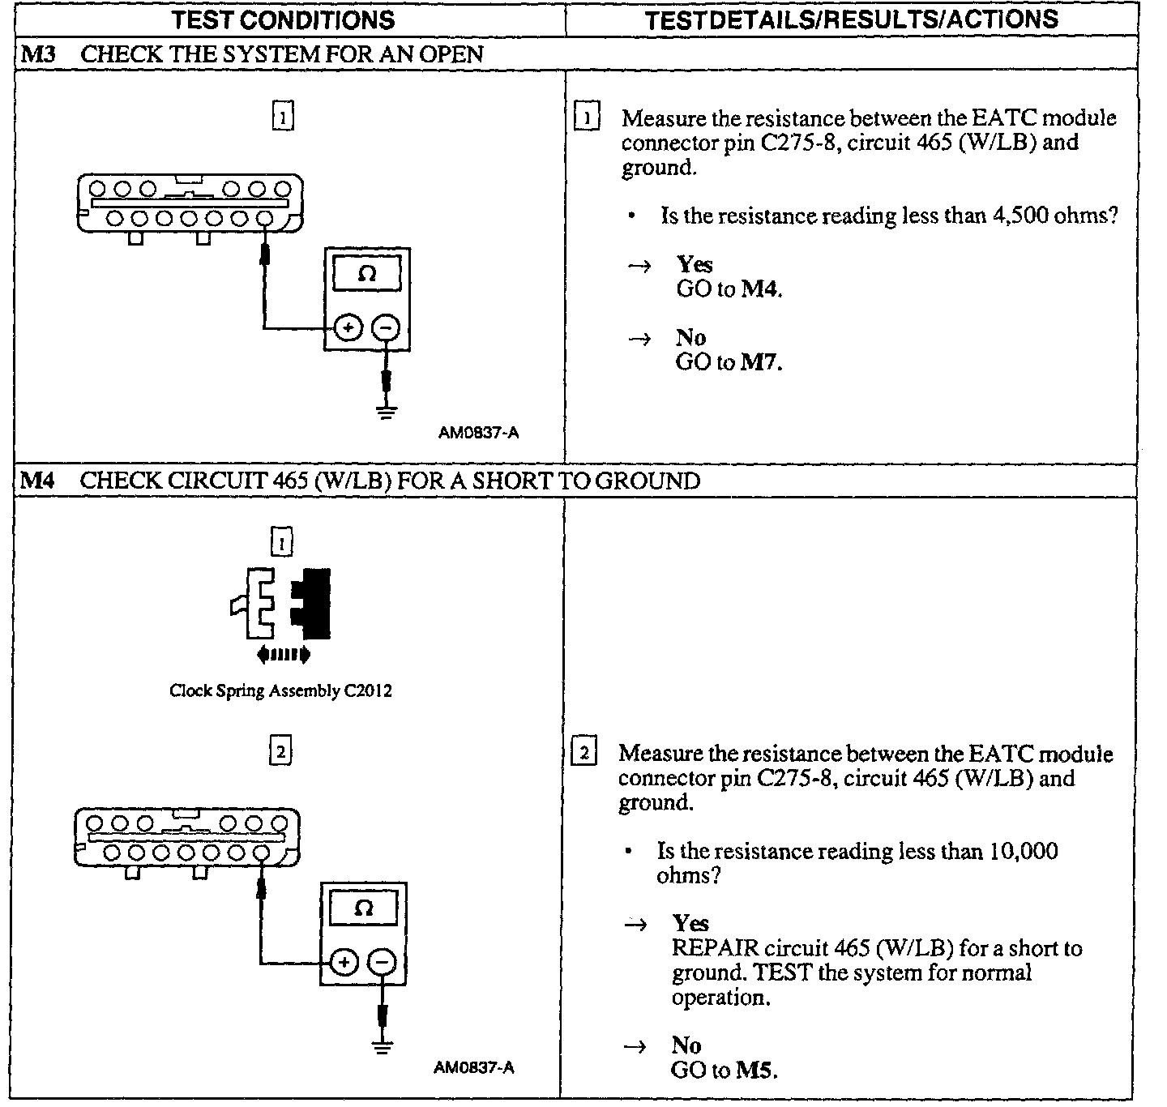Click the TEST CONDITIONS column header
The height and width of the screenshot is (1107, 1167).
tap(283, 19)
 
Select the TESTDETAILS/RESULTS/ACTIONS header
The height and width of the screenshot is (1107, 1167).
tap(851, 19)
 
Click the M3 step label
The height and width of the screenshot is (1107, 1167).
tap(37, 54)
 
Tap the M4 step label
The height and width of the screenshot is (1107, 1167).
tap(37, 481)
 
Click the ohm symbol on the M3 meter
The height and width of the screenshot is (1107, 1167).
tap(366, 274)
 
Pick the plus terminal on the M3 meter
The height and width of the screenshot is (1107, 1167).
tap(348, 328)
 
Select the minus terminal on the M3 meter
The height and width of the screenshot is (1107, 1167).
tap(386, 328)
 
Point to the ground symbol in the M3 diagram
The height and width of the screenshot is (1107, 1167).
tap(387, 410)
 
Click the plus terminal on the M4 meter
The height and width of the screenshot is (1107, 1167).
tap(344, 963)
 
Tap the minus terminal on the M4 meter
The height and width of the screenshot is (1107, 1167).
tap(383, 963)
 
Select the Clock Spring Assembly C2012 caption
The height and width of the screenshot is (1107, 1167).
tap(280, 691)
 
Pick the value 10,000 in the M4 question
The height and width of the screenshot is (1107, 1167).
tap(1023, 851)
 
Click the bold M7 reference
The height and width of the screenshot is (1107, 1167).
tap(761, 362)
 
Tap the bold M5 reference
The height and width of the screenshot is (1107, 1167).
tap(756, 1070)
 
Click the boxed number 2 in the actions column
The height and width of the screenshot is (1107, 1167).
tap(584, 753)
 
